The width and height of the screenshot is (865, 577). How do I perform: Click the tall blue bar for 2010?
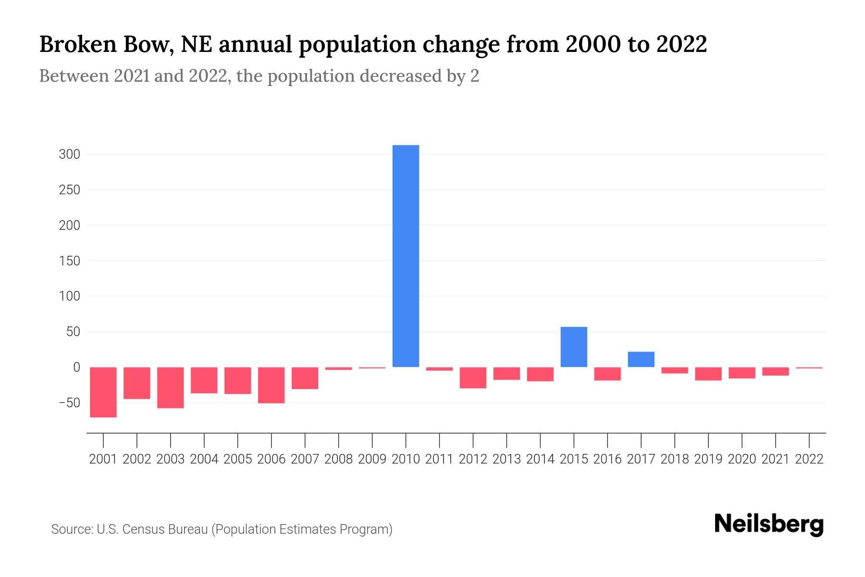(406, 256)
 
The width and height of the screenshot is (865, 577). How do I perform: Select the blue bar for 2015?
(574, 347)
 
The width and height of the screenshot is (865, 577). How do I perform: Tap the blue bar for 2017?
(641, 359)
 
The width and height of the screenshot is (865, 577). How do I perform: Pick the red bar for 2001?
(103, 392)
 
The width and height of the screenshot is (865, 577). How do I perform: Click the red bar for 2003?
(171, 388)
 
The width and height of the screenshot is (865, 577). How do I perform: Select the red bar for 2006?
(272, 385)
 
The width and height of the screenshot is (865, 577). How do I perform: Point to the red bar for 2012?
(473, 377)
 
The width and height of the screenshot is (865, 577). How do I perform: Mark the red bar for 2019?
(708, 374)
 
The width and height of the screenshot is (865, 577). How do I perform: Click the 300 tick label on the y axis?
(69, 154)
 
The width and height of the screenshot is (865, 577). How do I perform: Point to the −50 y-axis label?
(69, 402)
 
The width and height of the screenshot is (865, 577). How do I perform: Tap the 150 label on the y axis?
(69, 261)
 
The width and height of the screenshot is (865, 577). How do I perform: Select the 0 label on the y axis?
(76, 367)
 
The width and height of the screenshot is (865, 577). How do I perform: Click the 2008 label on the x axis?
(338, 459)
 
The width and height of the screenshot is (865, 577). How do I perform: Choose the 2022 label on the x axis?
(809, 459)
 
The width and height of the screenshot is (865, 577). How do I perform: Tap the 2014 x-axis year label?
(540, 459)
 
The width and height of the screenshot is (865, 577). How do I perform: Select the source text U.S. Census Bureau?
(152, 529)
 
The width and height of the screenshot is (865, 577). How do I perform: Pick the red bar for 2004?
(204, 380)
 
